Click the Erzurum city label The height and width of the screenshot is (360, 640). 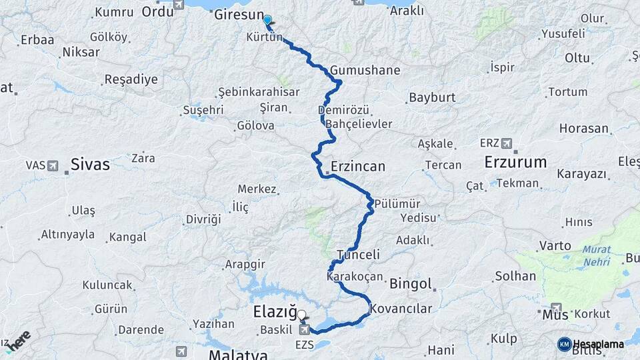(515, 162)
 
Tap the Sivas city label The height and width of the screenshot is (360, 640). (90, 165)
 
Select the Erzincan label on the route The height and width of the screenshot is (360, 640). (358, 167)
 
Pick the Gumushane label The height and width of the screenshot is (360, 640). (365, 71)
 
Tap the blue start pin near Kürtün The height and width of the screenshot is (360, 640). (267, 21)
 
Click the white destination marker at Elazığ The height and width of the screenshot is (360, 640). (301, 315)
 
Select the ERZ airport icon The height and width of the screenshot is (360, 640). (507, 143)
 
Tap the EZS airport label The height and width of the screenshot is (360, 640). (304, 345)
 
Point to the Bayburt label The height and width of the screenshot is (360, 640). (432, 97)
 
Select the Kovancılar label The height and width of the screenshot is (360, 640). (401, 308)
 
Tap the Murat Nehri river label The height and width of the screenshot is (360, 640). (587, 256)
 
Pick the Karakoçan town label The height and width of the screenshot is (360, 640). (355, 275)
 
